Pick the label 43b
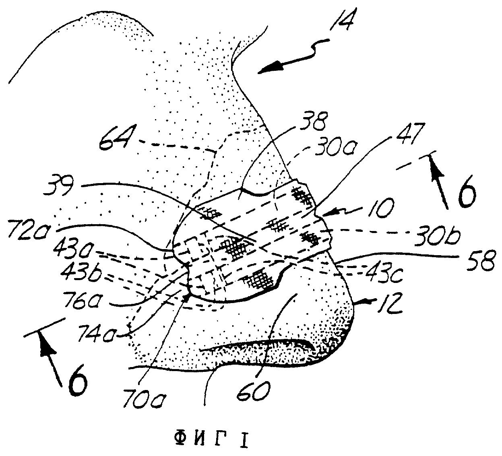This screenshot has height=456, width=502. point(81,274)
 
